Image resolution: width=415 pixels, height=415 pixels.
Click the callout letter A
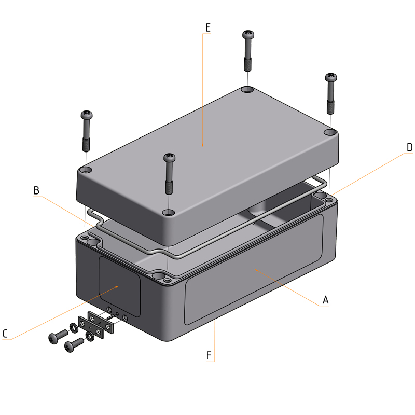point(326,300)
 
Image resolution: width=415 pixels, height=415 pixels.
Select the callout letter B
point(36,190)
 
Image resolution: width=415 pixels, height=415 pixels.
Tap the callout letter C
point(5,334)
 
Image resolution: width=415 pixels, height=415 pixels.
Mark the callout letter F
point(209,355)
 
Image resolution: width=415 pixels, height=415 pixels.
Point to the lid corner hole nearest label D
point(330,132)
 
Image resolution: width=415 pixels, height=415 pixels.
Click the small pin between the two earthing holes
point(117,314)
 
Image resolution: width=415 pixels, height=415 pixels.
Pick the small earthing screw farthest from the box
point(54,337)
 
